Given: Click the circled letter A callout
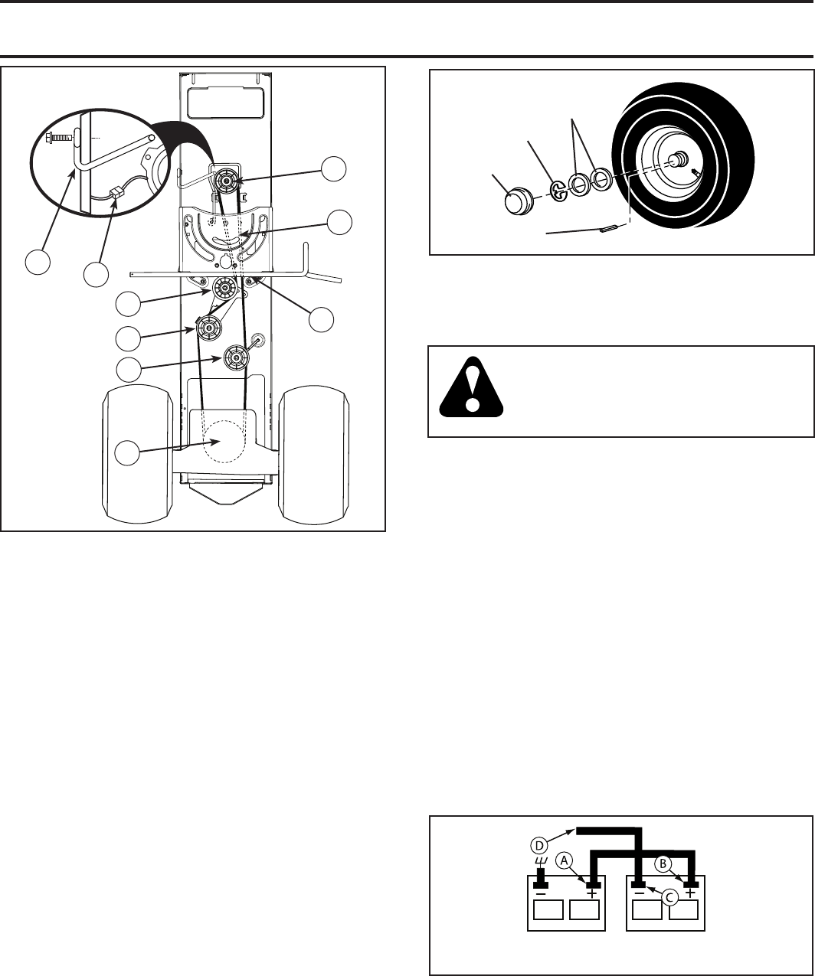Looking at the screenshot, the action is tap(564, 860).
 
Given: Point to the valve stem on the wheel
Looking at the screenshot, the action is tap(696, 174).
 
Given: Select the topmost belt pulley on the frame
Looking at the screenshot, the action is tap(227, 181).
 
